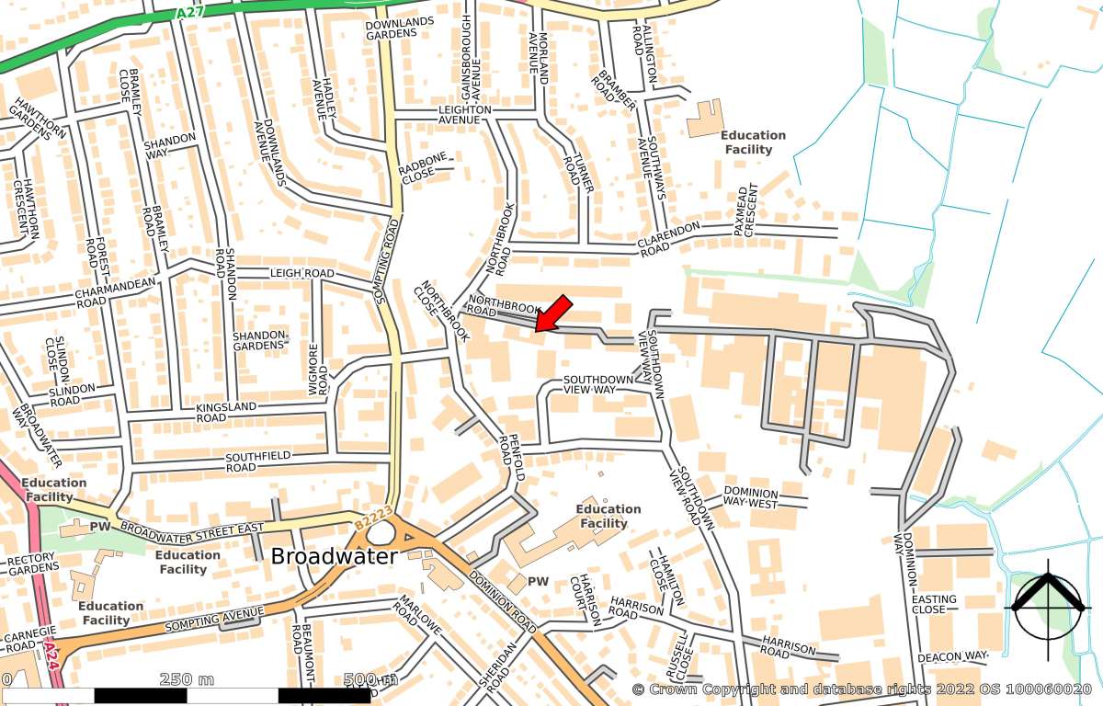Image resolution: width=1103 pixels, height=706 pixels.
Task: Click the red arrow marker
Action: [553, 313]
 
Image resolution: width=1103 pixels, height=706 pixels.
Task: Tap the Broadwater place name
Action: [334, 556]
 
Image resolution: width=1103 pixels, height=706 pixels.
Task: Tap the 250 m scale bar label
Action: [187, 679]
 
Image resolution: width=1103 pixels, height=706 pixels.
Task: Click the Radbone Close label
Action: [422, 170]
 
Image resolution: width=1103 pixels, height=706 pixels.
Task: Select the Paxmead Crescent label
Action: [744, 212]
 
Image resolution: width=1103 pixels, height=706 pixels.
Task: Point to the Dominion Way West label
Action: [750, 498]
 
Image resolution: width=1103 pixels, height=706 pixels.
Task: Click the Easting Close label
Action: [934, 604]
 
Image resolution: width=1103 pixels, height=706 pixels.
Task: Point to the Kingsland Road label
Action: [224, 412]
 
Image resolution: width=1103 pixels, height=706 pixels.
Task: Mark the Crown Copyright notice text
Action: [861, 689]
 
